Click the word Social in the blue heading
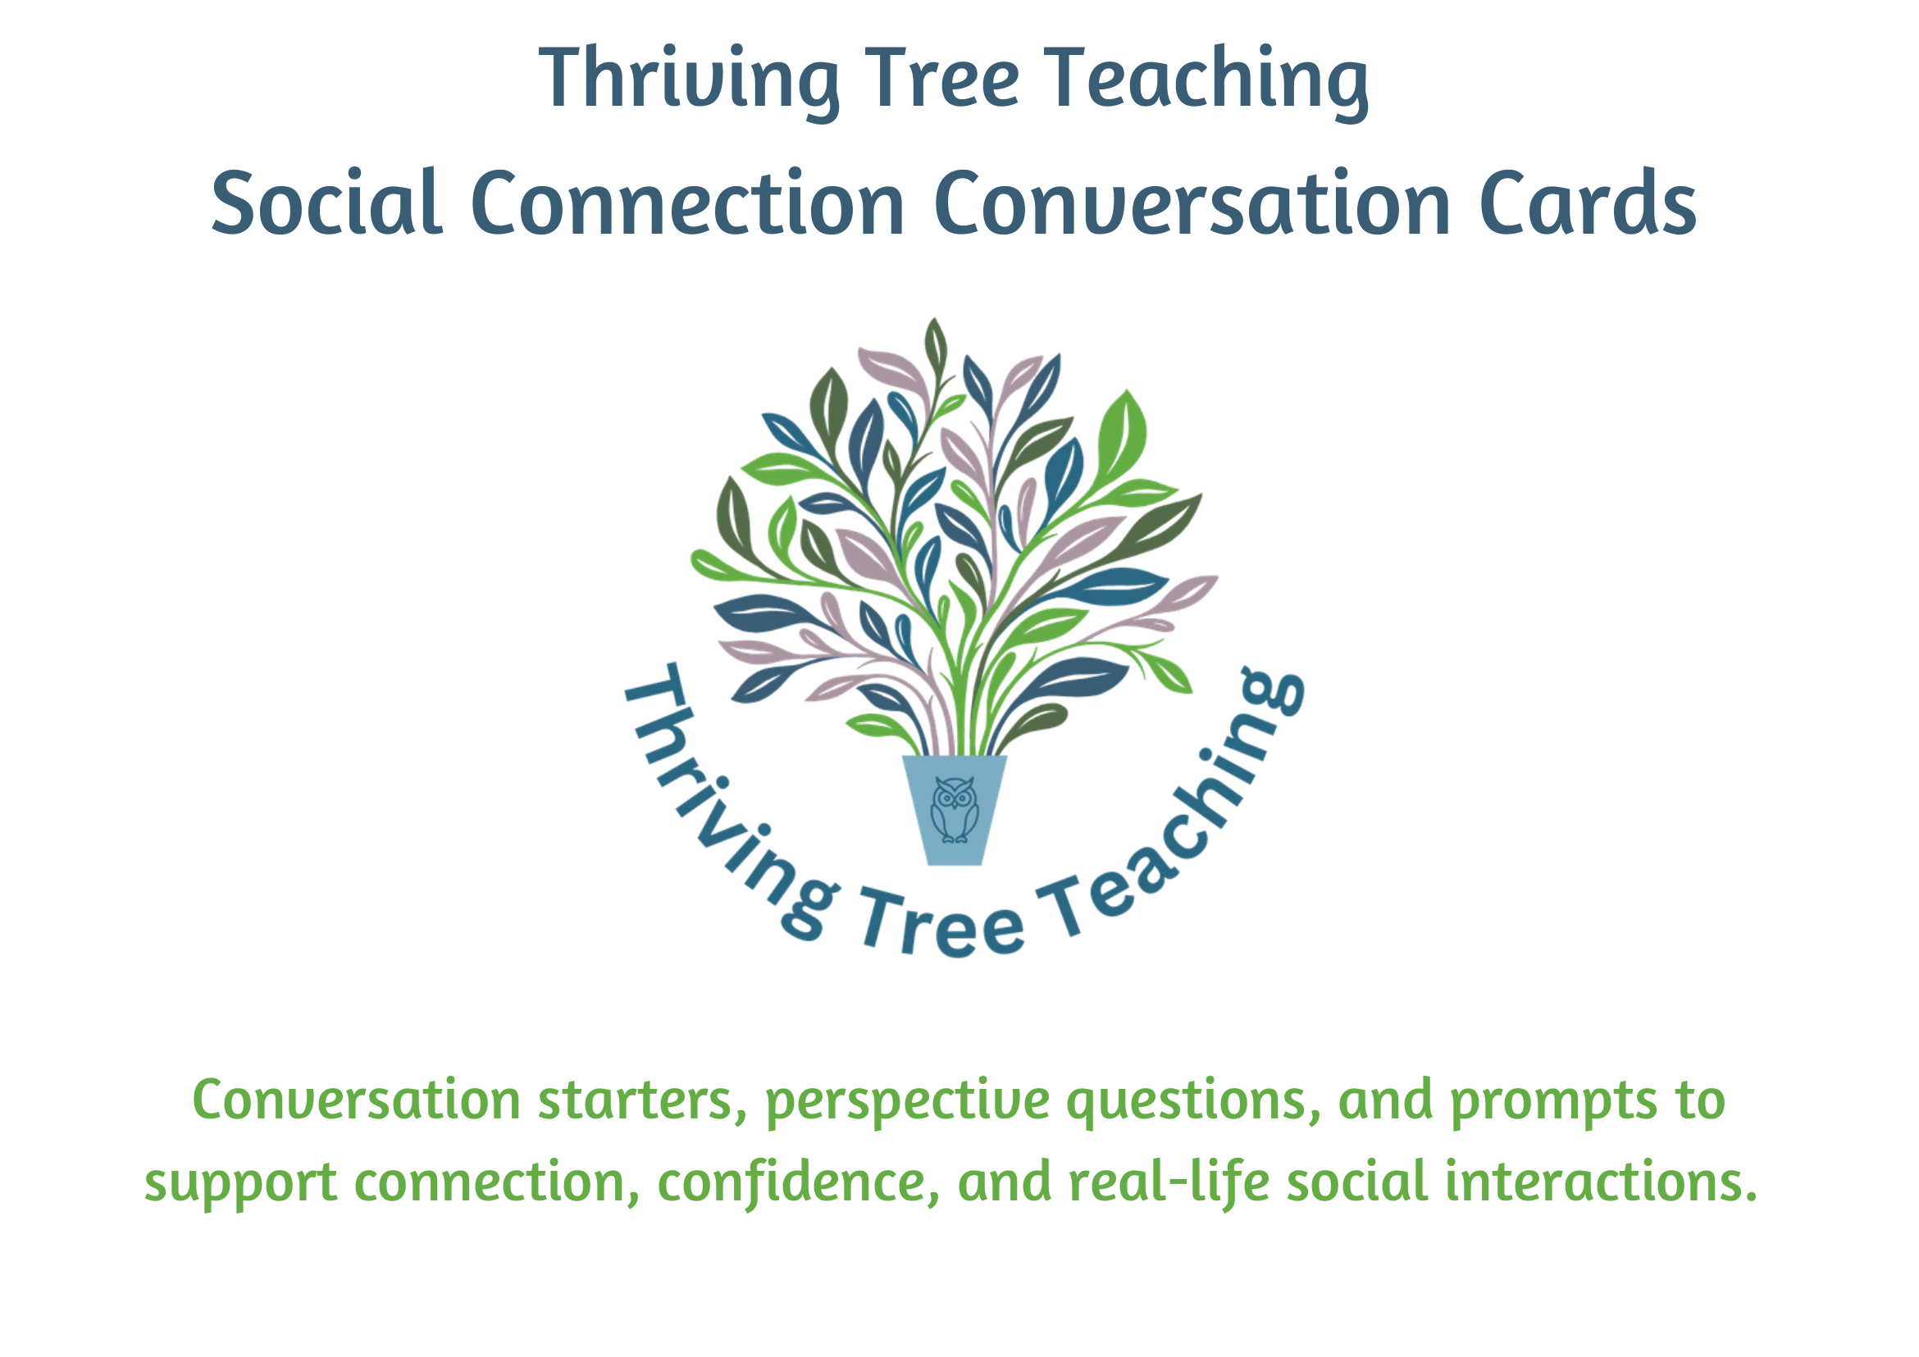tap(326, 203)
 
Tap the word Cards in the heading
tap(1587, 203)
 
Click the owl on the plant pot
tap(954, 808)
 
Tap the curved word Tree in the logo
tap(942, 923)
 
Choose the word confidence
tap(798, 1182)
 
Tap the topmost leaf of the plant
tap(935, 344)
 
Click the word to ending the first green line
tap(1700, 1100)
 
